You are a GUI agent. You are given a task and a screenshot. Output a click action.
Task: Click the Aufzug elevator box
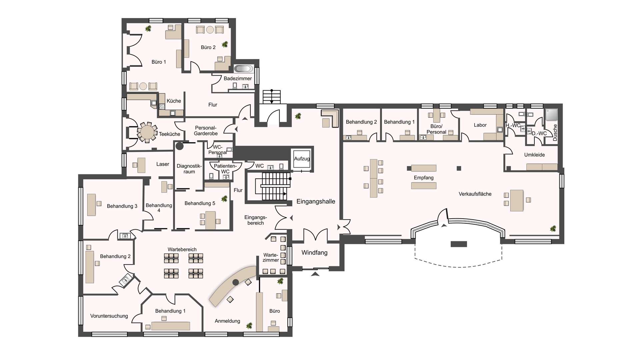[x=302, y=160]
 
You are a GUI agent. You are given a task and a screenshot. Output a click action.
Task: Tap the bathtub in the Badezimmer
[x=243, y=69]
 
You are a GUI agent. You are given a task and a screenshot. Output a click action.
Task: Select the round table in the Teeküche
[x=147, y=132]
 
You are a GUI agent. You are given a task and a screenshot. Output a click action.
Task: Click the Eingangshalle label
[x=316, y=201]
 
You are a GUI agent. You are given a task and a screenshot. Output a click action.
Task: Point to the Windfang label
[x=314, y=253]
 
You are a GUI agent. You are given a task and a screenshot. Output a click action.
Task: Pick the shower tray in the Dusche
[x=551, y=115]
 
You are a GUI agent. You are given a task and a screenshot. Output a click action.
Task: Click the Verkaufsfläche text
[x=475, y=194]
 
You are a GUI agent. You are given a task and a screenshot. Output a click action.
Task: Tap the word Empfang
[x=424, y=178]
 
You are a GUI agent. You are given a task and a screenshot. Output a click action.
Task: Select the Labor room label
[x=480, y=125]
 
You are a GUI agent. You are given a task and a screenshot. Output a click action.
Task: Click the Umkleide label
[x=534, y=155]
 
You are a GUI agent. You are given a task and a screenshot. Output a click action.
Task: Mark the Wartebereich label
[x=182, y=249]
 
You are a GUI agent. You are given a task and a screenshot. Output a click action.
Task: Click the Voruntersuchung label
[x=109, y=316]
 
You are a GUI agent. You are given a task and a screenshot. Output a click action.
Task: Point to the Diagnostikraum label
[x=189, y=169]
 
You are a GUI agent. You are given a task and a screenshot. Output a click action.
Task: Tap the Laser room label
[x=163, y=164]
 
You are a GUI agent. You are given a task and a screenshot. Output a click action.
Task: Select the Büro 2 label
[x=208, y=47]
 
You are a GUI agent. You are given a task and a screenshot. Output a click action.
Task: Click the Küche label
[x=174, y=101]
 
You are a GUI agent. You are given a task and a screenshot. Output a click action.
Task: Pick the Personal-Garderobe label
[x=206, y=131]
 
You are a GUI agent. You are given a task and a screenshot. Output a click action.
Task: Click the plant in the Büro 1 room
[x=148, y=29]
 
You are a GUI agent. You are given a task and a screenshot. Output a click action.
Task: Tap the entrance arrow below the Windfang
[x=315, y=274]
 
